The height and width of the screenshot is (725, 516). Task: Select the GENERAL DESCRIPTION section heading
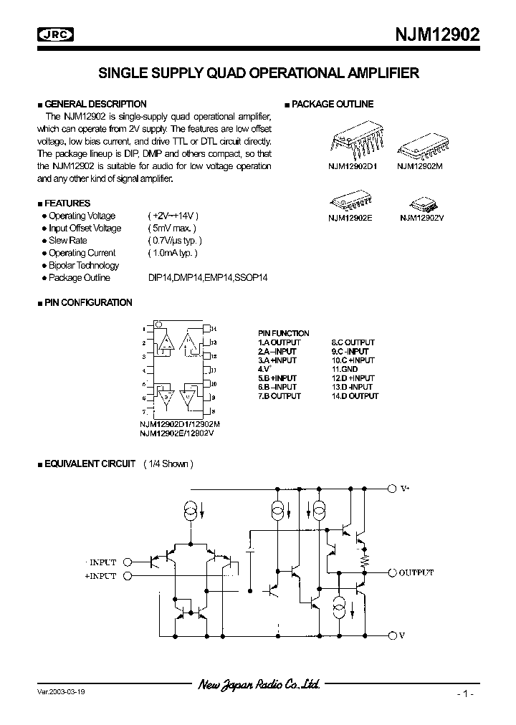pyautogui.click(x=95, y=104)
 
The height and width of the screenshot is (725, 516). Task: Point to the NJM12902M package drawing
pyautogui.click(x=421, y=146)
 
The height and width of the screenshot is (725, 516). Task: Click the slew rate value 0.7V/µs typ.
pyautogui.click(x=176, y=241)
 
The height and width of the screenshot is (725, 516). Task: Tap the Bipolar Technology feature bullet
pyautogui.click(x=84, y=265)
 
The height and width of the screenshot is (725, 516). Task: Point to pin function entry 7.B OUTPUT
pyautogui.click(x=279, y=396)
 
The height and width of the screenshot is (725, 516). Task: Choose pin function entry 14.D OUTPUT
pyautogui.click(x=355, y=396)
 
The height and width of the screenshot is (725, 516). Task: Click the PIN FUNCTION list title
pyautogui.click(x=284, y=333)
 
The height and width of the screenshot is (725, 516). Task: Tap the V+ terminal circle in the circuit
pyautogui.click(x=391, y=489)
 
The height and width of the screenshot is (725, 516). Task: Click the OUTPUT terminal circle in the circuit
pyautogui.click(x=391, y=573)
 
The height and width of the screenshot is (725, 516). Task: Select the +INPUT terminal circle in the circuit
pyautogui.click(x=128, y=575)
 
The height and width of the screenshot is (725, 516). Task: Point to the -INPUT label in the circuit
pyautogui.click(x=100, y=562)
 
